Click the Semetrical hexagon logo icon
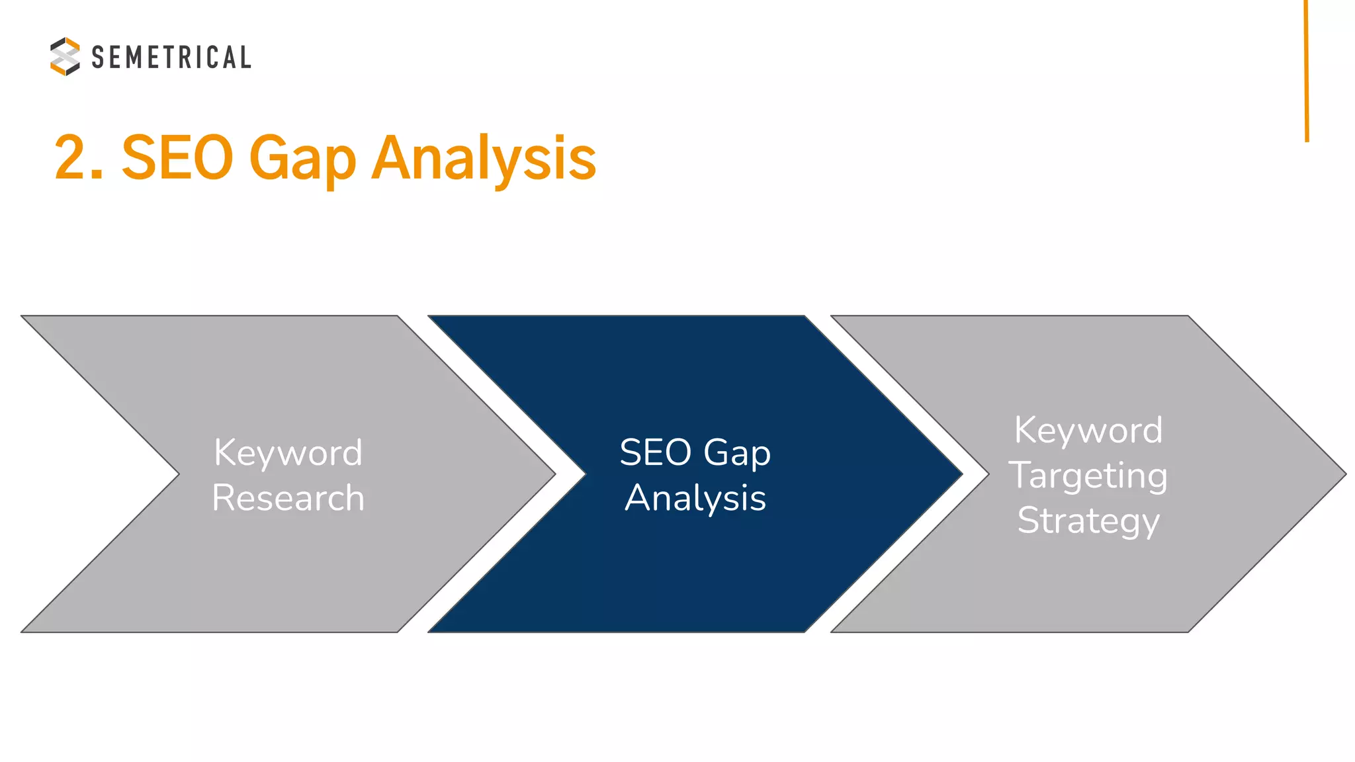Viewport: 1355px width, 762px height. coord(65,56)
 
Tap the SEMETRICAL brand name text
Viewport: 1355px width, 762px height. coord(171,58)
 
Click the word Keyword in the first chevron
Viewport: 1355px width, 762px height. coord(288,452)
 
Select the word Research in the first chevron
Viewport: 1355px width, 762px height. coord(288,497)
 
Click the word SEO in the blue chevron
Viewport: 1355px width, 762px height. coord(655,452)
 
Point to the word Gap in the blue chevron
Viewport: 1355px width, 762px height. coord(737,454)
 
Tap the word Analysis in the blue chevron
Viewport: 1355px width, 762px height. coord(695,497)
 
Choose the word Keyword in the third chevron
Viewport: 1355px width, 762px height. coord(1088,430)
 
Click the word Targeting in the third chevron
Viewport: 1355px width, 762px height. coord(1088,476)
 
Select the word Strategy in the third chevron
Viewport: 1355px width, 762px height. coord(1088,521)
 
